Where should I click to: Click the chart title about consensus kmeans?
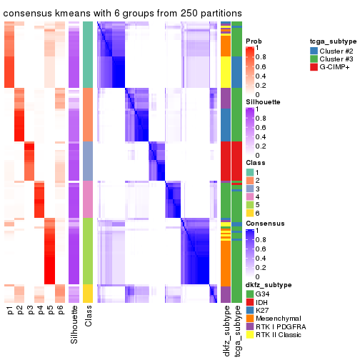(x=122, y=14)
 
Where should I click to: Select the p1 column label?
(x=10, y=312)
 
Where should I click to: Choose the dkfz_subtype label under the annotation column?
(x=226, y=332)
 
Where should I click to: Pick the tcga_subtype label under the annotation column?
(x=236, y=332)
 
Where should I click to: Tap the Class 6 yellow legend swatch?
(x=249, y=212)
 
